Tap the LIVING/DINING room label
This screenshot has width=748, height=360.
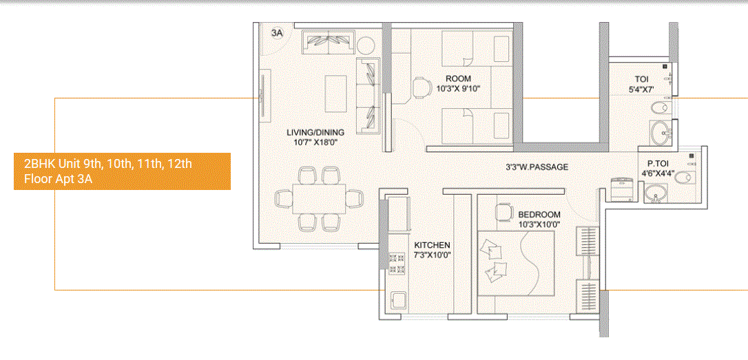click(x=316, y=132)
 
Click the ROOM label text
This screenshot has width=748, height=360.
click(x=458, y=78)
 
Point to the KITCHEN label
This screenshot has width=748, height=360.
click(x=432, y=245)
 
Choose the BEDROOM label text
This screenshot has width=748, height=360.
click(x=539, y=215)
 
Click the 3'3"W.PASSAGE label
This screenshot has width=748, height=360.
click(x=537, y=167)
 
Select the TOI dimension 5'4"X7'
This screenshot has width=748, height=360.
click(x=640, y=89)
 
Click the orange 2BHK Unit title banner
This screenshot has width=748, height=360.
click(x=122, y=171)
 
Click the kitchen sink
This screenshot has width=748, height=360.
click(x=398, y=300)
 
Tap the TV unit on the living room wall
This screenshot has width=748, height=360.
click(x=262, y=96)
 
